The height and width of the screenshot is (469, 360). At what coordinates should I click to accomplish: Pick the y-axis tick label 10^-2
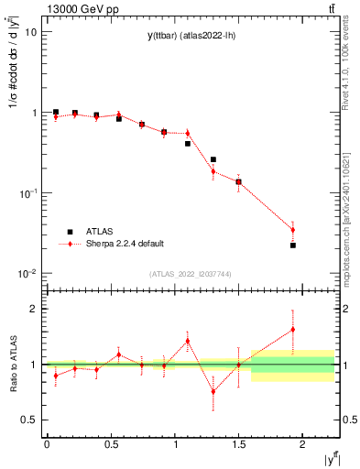tap(27, 274)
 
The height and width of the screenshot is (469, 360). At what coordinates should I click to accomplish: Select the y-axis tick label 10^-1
tap(27, 193)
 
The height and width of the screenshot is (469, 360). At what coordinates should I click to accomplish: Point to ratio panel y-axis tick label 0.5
tap(29, 420)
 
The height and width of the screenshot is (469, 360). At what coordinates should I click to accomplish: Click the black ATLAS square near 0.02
tap(293, 245)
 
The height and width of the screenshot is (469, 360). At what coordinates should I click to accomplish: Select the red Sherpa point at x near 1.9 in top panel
tap(293, 230)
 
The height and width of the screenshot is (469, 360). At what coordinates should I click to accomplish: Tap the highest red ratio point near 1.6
tap(293, 330)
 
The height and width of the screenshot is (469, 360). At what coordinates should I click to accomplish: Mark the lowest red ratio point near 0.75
tap(213, 392)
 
